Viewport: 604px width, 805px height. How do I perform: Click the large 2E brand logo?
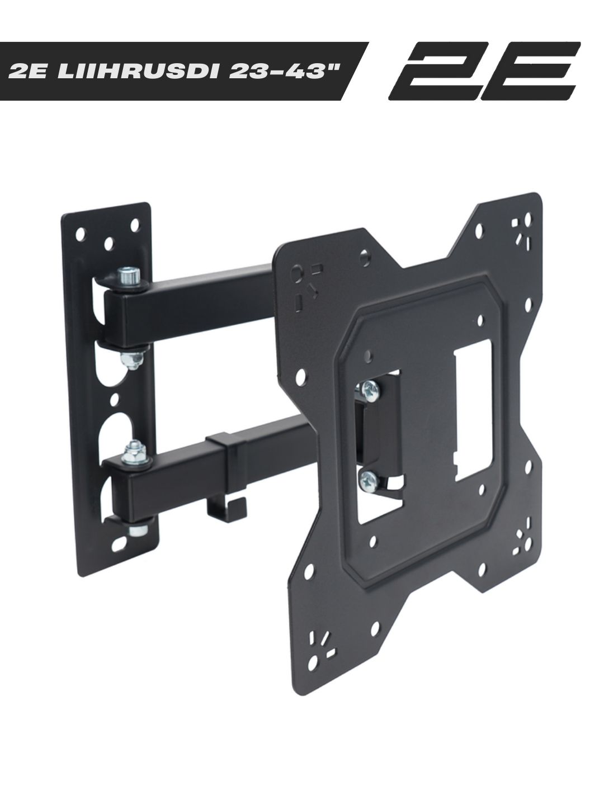tap(484, 72)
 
